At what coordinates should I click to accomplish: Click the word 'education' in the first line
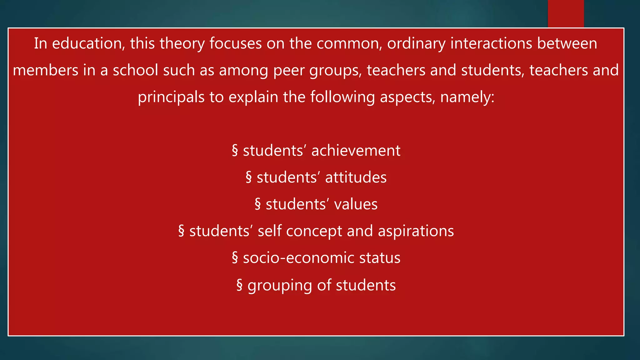(87, 43)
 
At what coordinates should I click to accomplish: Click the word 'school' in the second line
(135, 70)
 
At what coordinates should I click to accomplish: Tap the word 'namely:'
(467, 97)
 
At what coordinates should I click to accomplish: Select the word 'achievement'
(356, 151)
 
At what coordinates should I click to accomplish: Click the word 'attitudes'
(356, 177)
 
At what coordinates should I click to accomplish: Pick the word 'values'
(356, 204)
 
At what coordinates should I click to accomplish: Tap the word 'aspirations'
(416, 231)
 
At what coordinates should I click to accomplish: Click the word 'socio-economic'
(298, 258)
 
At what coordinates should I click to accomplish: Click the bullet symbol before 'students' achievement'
(235, 151)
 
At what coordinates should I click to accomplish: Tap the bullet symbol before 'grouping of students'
(239, 285)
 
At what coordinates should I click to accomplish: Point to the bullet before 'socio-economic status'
(235, 258)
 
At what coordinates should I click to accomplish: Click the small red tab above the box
(566, 13)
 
